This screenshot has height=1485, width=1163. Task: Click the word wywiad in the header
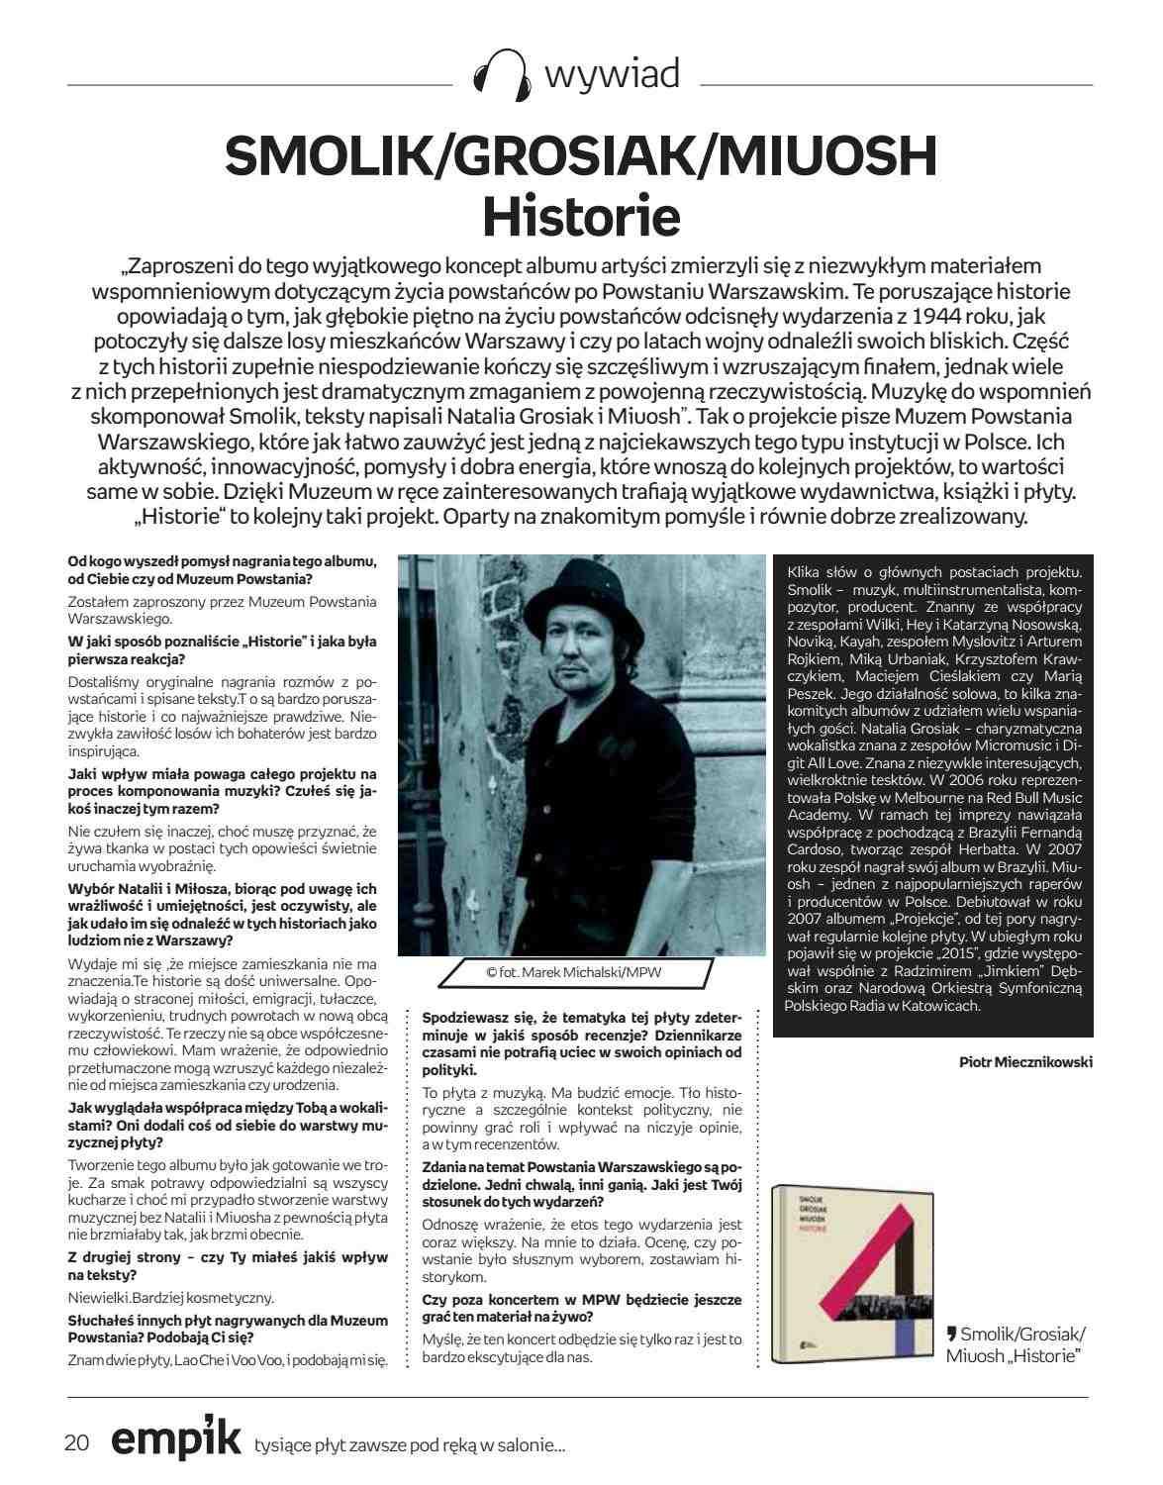click(x=612, y=74)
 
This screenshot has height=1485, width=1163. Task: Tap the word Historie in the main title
click(x=581, y=217)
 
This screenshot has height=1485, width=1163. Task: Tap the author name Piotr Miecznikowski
click(x=1025, y=1061)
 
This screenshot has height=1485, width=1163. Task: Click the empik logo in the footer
click(x=175, y=1440)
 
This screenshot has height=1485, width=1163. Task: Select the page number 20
click(x=77, y=1442)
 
